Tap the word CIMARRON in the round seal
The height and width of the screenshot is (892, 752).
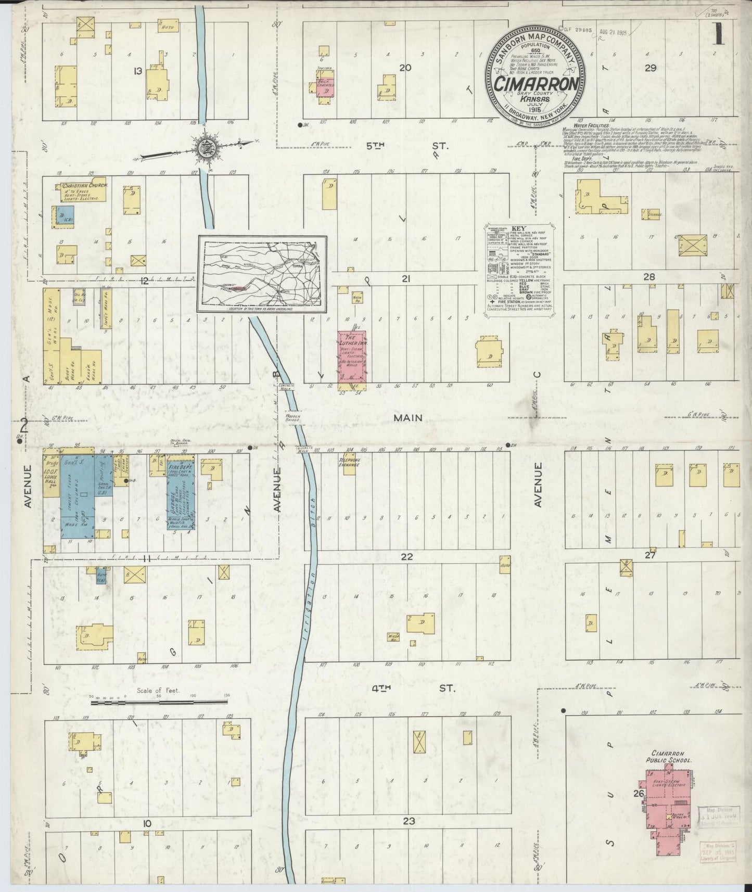coord(536,83)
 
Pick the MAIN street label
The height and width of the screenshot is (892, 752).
coord(407,418)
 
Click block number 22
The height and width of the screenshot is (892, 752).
coord(406,556)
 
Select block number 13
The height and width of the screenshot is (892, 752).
coord(137,71)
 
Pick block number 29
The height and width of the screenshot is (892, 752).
coord(650,67)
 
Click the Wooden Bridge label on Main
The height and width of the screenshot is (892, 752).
coord(294,416)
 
